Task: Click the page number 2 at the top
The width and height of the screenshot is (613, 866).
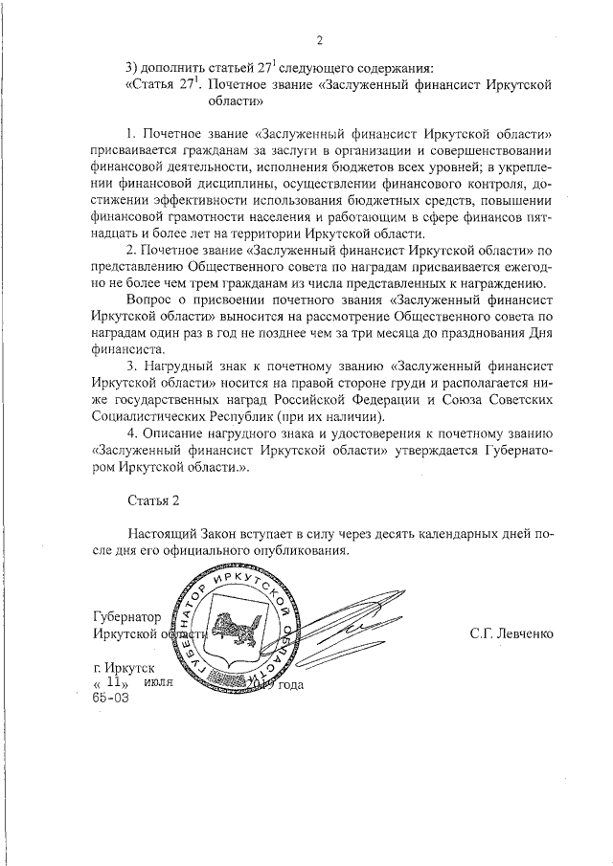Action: pyautogui.click(x=319, y=39)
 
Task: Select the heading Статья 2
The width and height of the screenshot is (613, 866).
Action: pyautogui.click(x=152, y=500)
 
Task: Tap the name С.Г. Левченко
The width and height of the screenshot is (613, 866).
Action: pyautogui.click(x=511, y=633)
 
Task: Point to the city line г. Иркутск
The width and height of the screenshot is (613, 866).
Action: pyautogui.click(x=123, y=666)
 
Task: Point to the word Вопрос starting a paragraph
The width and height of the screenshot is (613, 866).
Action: pyautogui.click(x=149, y=299)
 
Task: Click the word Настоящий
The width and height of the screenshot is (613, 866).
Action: pyautogui.click(x=165, y=533)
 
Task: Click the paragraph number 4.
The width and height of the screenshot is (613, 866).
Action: pyautogui.click(x=131, y=435)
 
